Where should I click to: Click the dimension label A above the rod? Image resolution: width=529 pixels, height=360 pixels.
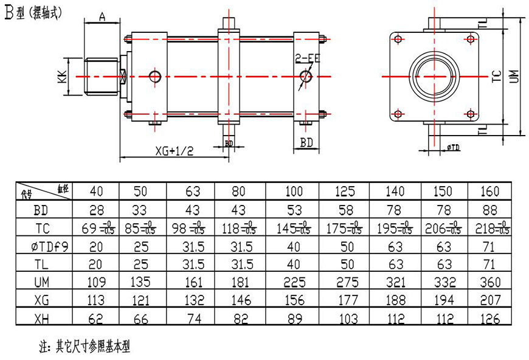tap(102, 18)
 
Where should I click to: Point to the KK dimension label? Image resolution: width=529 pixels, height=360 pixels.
tap(62, 77)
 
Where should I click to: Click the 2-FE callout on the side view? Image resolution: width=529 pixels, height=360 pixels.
tap(306, 59)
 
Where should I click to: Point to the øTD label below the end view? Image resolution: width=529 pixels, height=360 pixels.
tap(452, 148)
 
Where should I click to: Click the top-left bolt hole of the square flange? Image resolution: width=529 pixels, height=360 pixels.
tap(398, 39)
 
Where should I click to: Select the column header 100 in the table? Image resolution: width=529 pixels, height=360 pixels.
tap(294, 192)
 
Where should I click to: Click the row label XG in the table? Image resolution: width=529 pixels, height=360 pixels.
tap(43, 300)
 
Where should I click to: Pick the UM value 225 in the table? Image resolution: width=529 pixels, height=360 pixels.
tap(294, 282)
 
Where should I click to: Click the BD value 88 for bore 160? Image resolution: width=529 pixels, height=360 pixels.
tap(489, 210)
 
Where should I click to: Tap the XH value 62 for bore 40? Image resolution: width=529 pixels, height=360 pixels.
tap(96, 318)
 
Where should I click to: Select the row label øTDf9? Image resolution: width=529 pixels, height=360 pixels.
tap(43, 246)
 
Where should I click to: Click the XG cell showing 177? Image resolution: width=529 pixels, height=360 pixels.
tap(344, 300)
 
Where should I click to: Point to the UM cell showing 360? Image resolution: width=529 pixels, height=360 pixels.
tap(489, 282)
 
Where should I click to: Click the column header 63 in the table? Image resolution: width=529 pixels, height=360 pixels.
tap(193, 192)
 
